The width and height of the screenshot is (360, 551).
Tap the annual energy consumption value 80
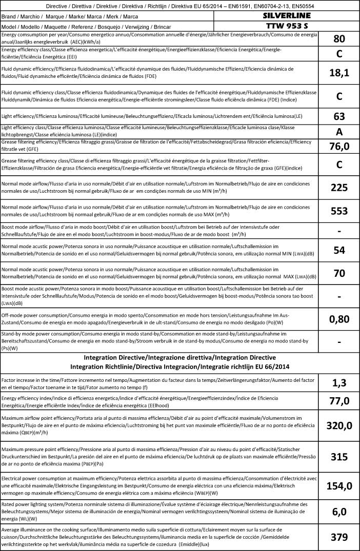339,39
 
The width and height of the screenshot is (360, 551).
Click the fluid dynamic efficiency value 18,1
339,73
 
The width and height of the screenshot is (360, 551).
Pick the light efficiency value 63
339,116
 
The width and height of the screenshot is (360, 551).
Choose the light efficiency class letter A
339,131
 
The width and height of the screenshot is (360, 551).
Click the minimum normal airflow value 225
339,188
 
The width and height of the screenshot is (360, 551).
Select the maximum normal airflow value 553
339,211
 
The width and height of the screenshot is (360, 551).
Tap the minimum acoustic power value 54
339,250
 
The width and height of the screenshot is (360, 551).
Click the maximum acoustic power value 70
339,273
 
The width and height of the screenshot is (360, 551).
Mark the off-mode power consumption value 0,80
339,319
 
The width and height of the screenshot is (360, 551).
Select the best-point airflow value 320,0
339,425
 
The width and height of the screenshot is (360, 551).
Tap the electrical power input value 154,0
339,486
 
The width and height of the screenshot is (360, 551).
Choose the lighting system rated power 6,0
339,512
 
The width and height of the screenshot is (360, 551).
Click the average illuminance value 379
339,537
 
